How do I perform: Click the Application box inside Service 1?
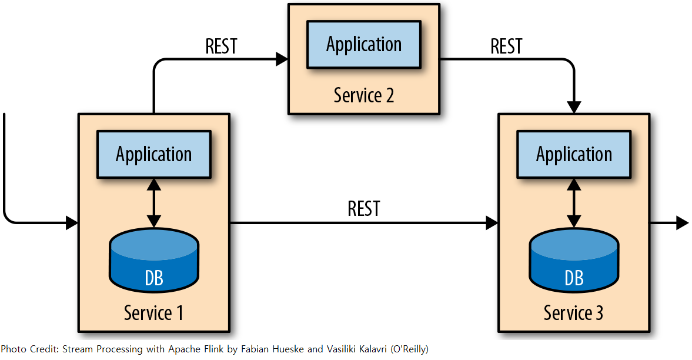154,154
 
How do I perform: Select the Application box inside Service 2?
364,45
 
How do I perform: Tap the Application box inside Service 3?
574,154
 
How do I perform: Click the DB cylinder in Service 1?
154,260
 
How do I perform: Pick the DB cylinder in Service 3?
574,260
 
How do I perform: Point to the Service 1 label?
153,313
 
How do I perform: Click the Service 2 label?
364,95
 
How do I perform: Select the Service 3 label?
573,313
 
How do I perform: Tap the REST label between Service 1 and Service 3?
364,208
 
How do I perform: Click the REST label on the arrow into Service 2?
222,46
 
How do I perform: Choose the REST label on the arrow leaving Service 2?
507,46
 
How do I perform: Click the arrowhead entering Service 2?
282,59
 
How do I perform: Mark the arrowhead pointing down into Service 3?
574,107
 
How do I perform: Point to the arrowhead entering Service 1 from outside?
72,223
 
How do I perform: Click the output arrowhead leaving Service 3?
683,223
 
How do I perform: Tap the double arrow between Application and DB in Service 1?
154,203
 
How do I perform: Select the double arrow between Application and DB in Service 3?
574,203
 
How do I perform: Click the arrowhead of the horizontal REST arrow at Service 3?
492,223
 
